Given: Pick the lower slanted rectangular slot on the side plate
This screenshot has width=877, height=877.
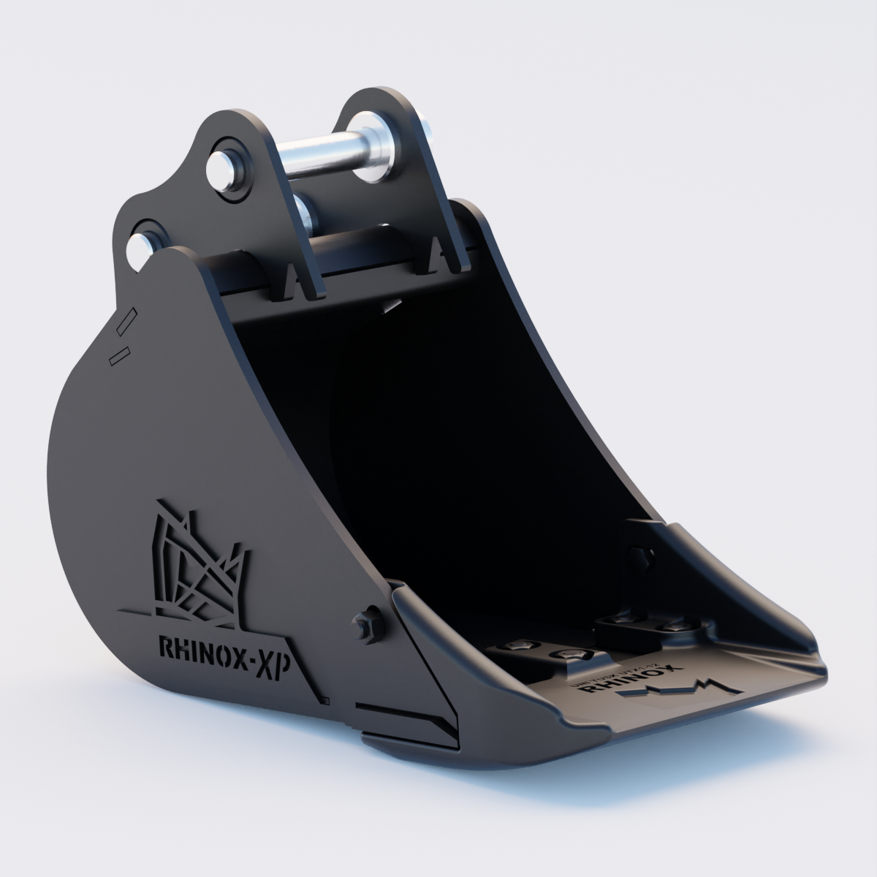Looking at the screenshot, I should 118,356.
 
